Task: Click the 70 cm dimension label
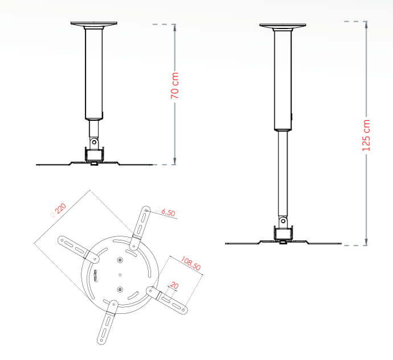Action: (175, 85)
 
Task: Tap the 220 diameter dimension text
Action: (59, 209)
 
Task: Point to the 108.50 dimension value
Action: (191, 262)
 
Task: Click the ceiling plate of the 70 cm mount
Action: (94, 24)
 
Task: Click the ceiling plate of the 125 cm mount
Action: (283, 26)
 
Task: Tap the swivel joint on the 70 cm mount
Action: (94, 141)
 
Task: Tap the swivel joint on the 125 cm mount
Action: (283, 221)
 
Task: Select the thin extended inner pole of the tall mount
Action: (283, 171)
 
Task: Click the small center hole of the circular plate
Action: (120, 275)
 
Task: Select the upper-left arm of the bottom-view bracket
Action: (73, 246)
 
